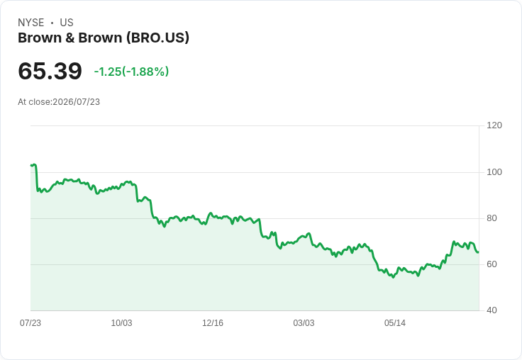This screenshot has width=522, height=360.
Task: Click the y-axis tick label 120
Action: [494, 125]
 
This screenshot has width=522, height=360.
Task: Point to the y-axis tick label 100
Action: [494, 172]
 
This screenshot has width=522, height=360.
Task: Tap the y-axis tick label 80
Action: [492, 218]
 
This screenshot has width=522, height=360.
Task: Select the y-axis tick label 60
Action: [492, 264]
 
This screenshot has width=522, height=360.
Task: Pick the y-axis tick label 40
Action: [492, 310]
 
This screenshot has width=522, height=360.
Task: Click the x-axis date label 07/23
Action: [30, 323]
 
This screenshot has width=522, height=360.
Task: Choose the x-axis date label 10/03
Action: [121, 323]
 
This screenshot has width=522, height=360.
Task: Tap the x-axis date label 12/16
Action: [213, 323]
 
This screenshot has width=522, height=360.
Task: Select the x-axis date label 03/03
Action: [304, 323]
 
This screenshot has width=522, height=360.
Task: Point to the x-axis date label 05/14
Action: [395, 323]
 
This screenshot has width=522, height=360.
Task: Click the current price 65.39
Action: [50, 71]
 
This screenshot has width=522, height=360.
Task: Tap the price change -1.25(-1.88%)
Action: [131, 72]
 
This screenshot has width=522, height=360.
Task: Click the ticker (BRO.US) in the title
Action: [157, 38]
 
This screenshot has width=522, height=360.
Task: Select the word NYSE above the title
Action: [31, 23]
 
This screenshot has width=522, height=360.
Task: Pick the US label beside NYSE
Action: [67, 23]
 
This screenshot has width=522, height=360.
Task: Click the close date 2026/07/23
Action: [76, 102]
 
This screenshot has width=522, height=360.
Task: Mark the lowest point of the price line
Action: [393, 277]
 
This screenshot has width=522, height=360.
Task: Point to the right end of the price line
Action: [479, 252]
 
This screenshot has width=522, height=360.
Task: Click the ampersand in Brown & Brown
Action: [70, 38]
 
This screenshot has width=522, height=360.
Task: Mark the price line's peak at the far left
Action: [35, 164]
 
